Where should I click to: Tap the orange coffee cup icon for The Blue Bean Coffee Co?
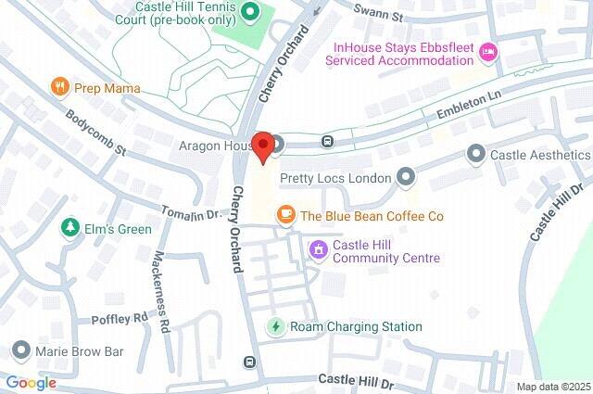286,215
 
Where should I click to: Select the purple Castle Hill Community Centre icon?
318,248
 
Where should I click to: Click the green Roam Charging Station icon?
275,326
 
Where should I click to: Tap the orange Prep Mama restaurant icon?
61,88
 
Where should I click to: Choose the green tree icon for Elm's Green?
69,228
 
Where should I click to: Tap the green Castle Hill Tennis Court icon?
249,13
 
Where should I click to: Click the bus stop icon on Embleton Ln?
327,142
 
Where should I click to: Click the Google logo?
32,383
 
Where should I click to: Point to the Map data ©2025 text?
552,387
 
